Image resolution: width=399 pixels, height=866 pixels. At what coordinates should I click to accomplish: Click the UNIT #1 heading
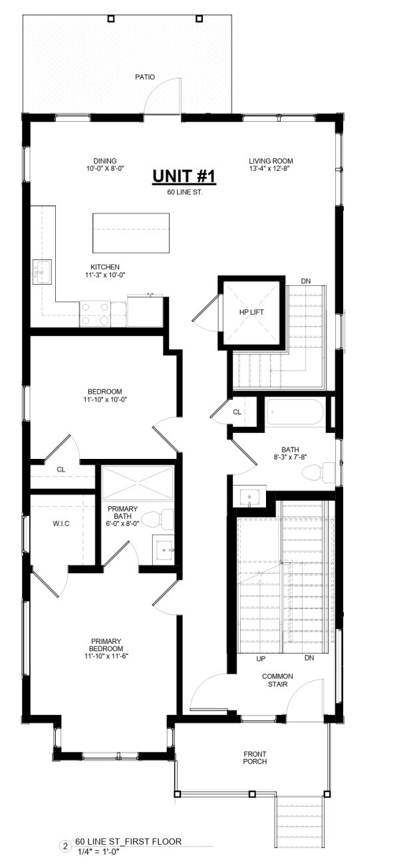pyautogui.click(x=184, y=176)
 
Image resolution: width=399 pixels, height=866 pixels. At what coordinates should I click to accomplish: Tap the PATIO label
pyautogui.click(x=145, y=77)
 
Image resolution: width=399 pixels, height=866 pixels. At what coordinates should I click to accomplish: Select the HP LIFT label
pyautogui.click(x=251, y=312)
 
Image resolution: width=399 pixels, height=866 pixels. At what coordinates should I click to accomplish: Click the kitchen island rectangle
pyautogui.click(x=131, y=233)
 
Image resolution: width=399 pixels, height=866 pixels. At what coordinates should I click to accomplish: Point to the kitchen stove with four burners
pyautogui.click(x=95, y=314)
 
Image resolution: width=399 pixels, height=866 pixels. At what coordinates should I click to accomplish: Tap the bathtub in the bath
pyautogui.click(x=295, y=412)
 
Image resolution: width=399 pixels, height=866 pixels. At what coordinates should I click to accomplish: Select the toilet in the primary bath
pyautogui.click(x=158, y=519)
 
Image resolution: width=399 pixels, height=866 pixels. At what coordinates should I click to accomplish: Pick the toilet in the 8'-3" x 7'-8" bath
pyautogui.click(x=319, y=472)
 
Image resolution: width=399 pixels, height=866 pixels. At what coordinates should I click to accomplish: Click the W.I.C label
pyautogui.click(x=61, y=524)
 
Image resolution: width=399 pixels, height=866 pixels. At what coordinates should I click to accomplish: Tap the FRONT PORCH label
pyautogui.click(x=255, y=758)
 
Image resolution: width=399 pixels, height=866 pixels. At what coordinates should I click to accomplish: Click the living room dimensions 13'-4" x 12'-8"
pyautogui.click(x=270, y=168)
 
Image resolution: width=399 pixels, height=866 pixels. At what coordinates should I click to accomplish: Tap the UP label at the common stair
pyautogui.click(x=261, y=658)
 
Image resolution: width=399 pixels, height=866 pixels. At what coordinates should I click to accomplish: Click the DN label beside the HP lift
pyautogui.click(x=306, y=281)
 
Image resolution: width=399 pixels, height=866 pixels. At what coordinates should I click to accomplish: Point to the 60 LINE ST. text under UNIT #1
pyautogui.click(x=185, y=192)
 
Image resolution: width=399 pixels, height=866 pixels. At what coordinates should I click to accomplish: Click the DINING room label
pyautogui.click(x=105, y=161)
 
